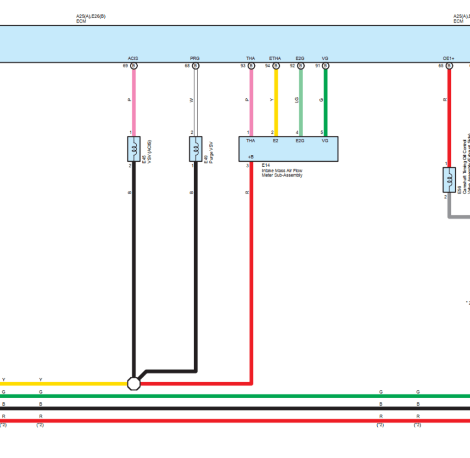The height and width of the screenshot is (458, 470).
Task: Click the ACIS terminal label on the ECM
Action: click(133, 58)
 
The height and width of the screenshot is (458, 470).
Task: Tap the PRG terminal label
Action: click(195, 58)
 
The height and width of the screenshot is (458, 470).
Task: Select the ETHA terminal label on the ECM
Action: click(275, 58)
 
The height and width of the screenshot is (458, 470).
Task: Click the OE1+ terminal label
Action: click(448, 58)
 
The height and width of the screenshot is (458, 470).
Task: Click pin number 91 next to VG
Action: click(318, 66)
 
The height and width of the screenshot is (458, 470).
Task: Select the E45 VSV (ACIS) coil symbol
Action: click(134, 149)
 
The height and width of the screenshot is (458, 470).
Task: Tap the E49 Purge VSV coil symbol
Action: click(196, 149)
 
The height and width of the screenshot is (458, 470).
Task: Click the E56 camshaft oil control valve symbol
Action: click(449, 180)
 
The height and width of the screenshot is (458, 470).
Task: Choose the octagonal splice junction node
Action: click(133, 383)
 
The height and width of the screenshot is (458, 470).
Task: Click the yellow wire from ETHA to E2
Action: click(276, 101)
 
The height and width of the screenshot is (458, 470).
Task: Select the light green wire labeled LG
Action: click(301, 101)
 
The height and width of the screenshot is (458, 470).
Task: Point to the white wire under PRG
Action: click(196, 101)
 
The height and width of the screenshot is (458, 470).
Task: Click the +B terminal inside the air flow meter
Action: click(251, 157)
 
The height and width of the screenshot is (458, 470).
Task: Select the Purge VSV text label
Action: click(211, 153)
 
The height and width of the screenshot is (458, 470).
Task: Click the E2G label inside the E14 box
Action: click(300, 141)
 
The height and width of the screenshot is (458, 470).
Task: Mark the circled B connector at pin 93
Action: click(251, 66)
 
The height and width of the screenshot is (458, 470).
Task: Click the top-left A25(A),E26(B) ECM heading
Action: click(91, 16)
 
